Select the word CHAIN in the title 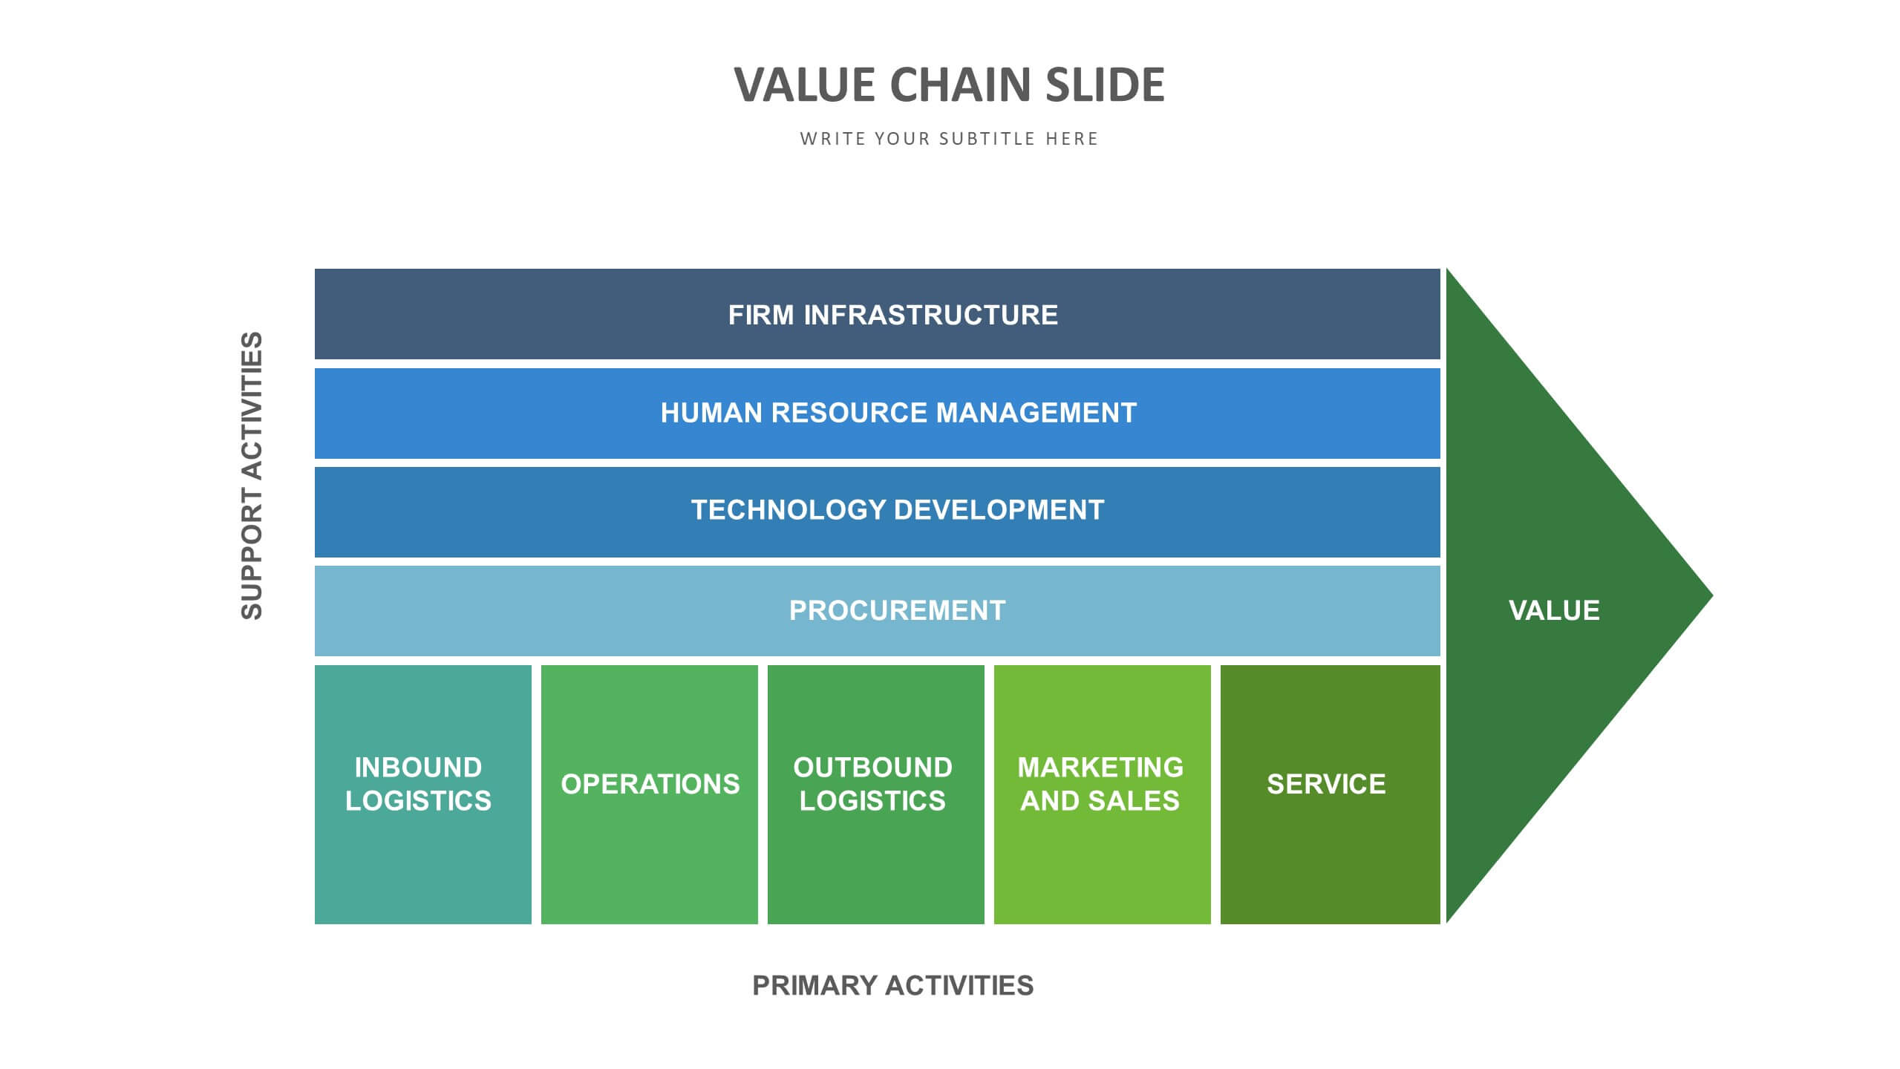coord(961,85)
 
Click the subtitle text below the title coord(949,139)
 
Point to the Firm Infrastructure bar coord(877,314)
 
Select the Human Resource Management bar coord(877,413)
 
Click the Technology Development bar coord(877,512)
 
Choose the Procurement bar coord(877,611)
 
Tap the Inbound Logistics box coord(423,794)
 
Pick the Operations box coord(650,794)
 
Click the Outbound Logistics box coord(876,794)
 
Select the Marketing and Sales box coord(1103,794)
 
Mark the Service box coord(1331,794)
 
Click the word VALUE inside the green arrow coord(1554,610)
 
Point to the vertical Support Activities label coord(252,475)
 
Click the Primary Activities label coord(892,985)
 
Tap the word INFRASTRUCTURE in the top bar coord(931,315)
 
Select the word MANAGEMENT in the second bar coord(1036,413)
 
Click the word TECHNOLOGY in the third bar coord(789,510)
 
